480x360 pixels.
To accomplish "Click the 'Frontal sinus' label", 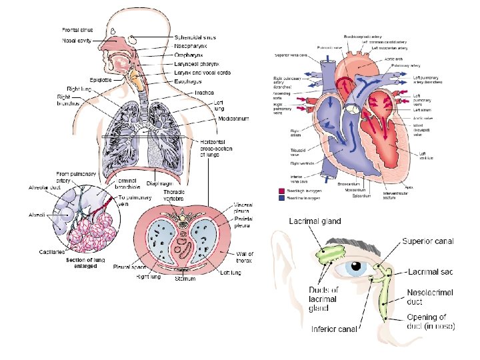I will pyautogui.click(x=77, y=30).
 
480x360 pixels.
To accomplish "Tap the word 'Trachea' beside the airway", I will pyautogui.click(x=204, y=93).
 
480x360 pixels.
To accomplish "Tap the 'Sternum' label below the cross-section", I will pyautogui.click(x=186, y=279).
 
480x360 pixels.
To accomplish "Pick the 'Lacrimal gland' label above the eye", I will pyautogui.click(x=315, y=221).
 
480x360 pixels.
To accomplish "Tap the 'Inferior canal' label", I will pyautogui.click(x=334, y=329).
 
